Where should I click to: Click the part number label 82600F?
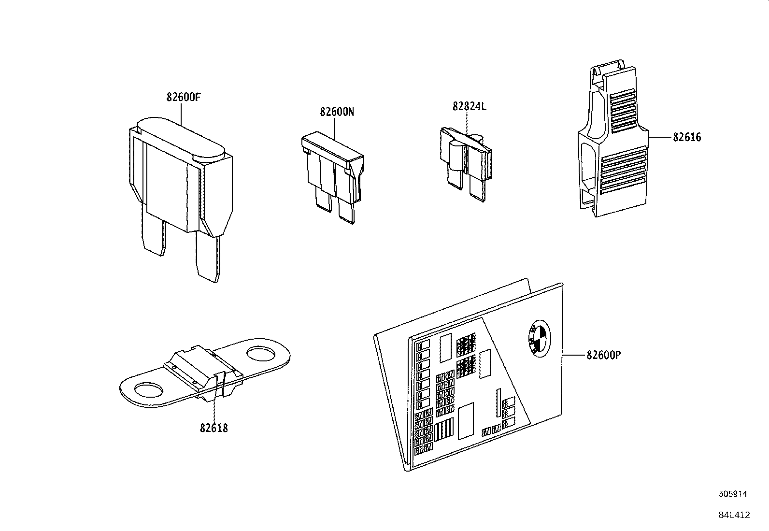click(x=183, y=97)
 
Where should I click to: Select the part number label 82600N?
click(x=337, y=112)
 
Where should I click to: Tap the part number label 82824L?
click(x=469, y=106)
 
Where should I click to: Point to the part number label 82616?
click(x=687, y=137)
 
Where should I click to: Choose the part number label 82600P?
click(x=603, y=355)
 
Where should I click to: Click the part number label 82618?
click(x=214, y=428)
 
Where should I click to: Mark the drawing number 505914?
click(x=733, y=494)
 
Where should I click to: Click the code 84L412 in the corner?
click(x=734, y=515)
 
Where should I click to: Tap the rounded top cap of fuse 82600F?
click(x=181, y=136)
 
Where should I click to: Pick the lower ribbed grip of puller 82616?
click(x=623, y=172)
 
